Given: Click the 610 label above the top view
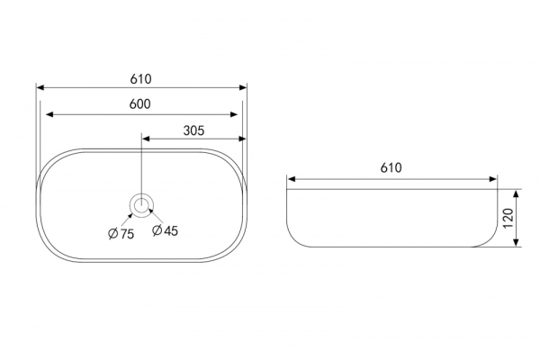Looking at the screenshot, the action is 140,79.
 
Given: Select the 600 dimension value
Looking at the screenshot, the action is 139,104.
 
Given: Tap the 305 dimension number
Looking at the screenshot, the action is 193,130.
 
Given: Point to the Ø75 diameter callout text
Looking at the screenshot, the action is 121,234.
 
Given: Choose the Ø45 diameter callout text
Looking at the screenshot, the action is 165,230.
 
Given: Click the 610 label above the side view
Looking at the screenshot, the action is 391,167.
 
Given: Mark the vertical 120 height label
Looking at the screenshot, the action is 508,219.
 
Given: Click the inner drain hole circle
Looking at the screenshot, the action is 141,206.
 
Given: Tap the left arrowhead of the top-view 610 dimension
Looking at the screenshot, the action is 40,87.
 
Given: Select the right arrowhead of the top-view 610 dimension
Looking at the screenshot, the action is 243,87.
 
